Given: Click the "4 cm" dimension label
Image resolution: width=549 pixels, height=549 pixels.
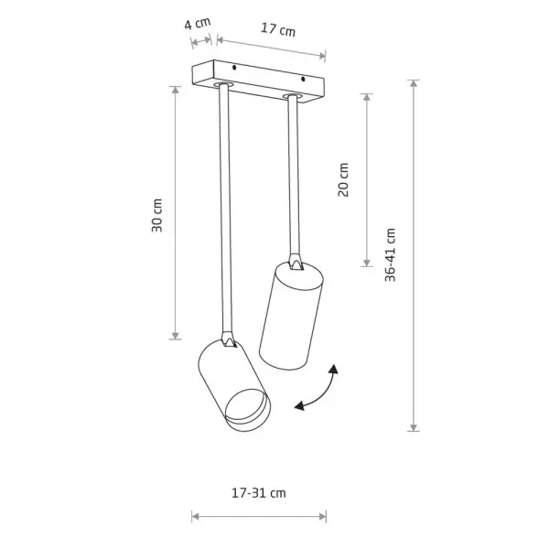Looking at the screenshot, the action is pos(198,23).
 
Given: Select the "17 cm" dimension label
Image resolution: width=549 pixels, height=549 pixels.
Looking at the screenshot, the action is pos(278,29).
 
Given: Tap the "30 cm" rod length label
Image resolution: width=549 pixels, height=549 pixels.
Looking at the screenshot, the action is pos(156,215).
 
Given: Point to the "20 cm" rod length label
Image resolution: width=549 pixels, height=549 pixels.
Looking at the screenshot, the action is pos(343,179).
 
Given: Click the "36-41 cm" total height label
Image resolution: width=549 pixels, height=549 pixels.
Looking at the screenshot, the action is pos(390,254).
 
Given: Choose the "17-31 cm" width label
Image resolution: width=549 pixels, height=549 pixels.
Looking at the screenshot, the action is pos(259,493).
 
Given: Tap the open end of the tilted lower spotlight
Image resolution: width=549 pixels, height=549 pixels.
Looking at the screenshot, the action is pos(248,409).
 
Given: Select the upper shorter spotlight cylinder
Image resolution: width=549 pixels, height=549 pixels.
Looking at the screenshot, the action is pos(291,315).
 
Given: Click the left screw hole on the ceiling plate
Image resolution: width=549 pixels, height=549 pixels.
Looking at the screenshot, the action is pos(234,67).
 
